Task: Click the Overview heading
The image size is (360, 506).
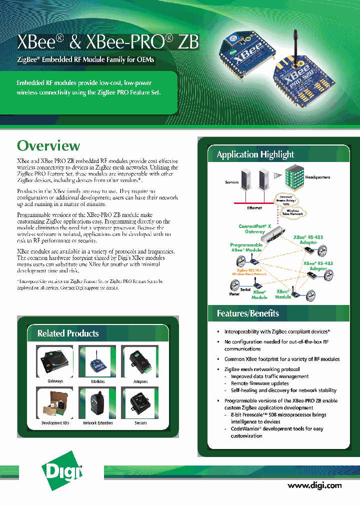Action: coord(48,145)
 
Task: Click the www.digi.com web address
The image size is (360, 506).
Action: coord(314,485)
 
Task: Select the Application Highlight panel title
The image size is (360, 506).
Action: coord(255,154)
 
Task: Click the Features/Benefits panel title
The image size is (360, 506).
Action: coord(247,313)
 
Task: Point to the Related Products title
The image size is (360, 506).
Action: coord(68,333)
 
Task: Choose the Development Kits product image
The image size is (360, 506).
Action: coord(55,403)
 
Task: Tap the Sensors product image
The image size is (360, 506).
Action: coord(140,403)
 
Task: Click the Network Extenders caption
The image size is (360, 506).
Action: coord(97,423)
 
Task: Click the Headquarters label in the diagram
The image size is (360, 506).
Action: coord(317,177)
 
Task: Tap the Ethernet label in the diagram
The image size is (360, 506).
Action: coord(254,207)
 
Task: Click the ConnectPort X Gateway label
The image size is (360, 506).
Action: coord(255,229)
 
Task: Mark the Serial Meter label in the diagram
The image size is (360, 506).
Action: coord(238,291)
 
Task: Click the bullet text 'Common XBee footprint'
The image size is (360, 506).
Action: coord(281,359)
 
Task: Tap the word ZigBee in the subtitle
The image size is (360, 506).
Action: coord(28,60)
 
